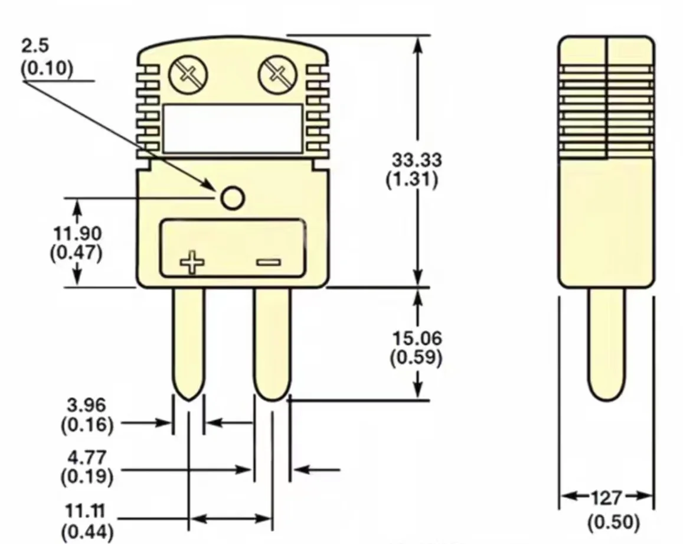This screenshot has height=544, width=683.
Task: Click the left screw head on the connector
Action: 188,74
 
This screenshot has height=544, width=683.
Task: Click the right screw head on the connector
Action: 276,74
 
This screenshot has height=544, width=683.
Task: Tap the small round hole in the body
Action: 233,198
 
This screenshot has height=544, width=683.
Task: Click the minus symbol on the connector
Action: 269,262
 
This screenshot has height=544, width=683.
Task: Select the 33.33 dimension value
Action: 417,159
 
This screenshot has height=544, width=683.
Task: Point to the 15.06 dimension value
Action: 417,338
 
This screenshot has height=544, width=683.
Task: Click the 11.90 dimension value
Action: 77,233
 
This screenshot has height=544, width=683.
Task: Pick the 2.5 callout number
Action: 35,46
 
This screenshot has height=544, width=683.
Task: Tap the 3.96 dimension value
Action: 86,405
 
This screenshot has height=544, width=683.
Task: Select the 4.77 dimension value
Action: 86,457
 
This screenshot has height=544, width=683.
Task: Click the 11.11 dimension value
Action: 86,510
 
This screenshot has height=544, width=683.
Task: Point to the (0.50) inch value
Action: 613,523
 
